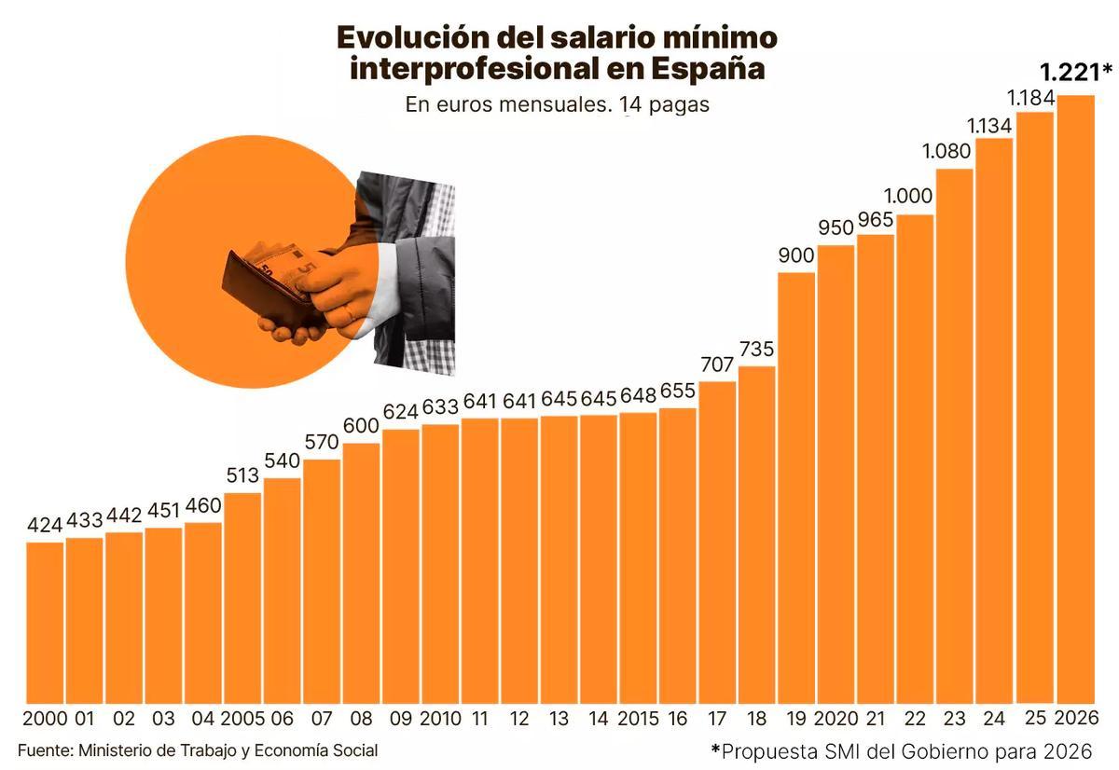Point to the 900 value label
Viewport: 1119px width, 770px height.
pyautogui.click(x=795, y=256)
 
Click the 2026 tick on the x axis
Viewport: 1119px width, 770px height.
pyautogui.click(x=1076, y=719)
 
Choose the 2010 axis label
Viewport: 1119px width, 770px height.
pyautogui.click(x=440, y=719)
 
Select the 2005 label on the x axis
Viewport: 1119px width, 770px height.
pyautogui.click(x=242, y=719)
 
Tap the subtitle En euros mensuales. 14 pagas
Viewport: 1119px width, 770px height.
pyautogui.click(x=557, y=104)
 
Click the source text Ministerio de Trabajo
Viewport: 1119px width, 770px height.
pyautogui.click(x=198, y=750)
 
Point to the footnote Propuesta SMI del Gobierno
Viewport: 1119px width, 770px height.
pyautogui.click(x=901, y=751)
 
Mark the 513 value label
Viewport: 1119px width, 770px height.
pyautogui.click(x=243, y=475)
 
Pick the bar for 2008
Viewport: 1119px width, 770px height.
pyautogui.click(x=361, y=572)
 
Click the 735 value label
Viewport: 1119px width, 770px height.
pyautogui.click(x=756, y=350)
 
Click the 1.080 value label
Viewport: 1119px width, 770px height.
pyautogui.click(x=954, y=151)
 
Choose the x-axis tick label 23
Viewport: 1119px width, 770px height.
pyautogui.click(x=954, y=719)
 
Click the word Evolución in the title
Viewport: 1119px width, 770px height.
pyautogui.click(x=413, y=37)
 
